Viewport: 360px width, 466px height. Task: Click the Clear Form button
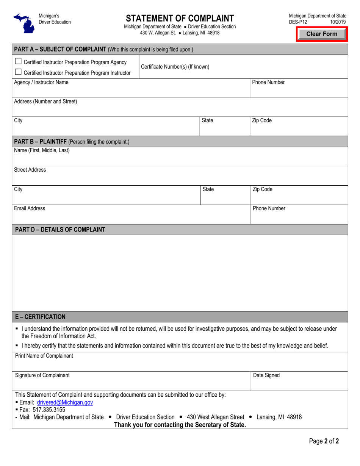(x=322, y=34)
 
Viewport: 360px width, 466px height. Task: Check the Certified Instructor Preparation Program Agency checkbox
(x=18, y=62)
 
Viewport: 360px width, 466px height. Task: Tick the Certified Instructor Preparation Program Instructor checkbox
(x=18, y=72)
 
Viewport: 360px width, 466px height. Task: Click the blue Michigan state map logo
(x=23, y=22)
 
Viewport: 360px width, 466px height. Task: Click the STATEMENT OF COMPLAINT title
(x=180, y=18)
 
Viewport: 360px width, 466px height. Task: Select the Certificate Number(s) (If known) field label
(x=175, y=67)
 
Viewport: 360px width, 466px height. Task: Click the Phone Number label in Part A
(x=268, y=82)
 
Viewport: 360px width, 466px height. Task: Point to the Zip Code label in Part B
(x=262, y=189)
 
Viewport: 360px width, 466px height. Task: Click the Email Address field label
(x=30, y=208)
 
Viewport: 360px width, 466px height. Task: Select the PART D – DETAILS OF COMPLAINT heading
(x=60, y=229)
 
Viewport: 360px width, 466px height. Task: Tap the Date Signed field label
(x=266, y=375)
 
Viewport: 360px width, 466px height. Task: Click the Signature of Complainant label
(x=42, y=375)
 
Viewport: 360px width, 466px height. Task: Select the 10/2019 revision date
(x=338, y=22)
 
